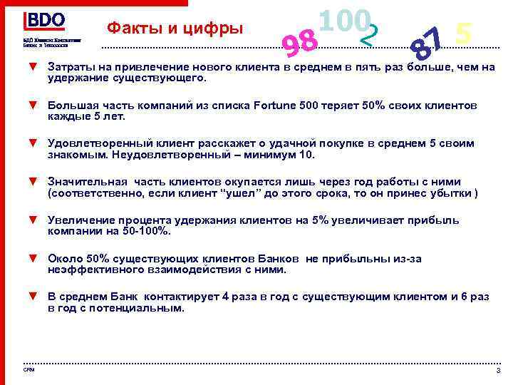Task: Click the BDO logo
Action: [46, 21]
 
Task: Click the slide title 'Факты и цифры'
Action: [175, 29]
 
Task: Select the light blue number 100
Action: [344, 21]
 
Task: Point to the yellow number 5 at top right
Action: [464, 33]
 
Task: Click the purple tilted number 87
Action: [428, 43]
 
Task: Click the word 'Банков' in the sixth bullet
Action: [282, 259]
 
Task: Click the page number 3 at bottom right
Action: [498, 371]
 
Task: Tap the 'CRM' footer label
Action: [28, 369]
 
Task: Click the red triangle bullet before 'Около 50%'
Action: [32, 258]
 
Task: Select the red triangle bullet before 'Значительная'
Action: [32, 181]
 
